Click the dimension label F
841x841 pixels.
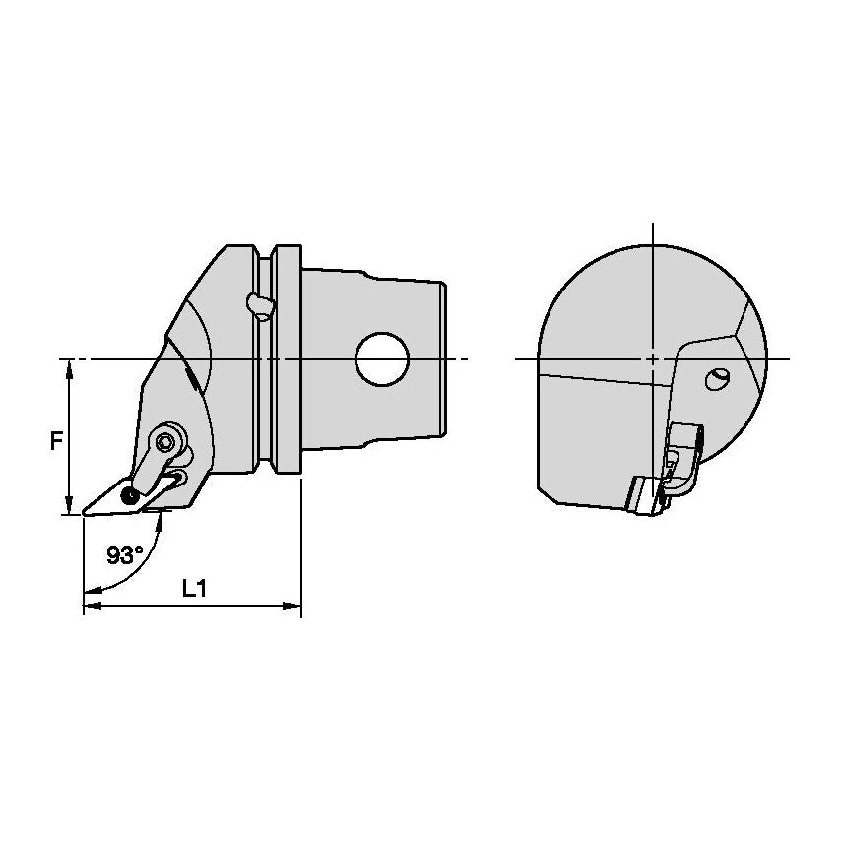tap(56, 441)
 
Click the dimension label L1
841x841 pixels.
tap(194, 589)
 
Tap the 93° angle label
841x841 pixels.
tap(125, 555)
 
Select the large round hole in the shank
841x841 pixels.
tap(382, 358)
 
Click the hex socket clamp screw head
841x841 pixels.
tap(164, 441)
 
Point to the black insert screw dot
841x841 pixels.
tap(130, 496)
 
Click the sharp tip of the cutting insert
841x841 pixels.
tap(83, 514)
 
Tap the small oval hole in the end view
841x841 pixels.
tap(717, 379)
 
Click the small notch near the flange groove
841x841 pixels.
tap(261, 306)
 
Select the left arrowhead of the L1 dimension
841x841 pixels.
tap(93, 606)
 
